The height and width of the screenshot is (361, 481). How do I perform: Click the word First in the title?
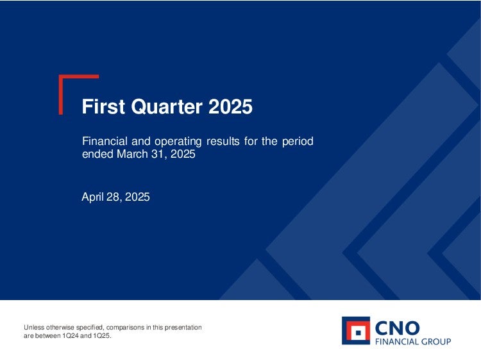tap(103, 106)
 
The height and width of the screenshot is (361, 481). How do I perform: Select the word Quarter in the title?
tap(167, 107)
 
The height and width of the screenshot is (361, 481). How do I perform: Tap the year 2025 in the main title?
tap(230, 106)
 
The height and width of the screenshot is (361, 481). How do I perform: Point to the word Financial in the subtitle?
tap(105, 141)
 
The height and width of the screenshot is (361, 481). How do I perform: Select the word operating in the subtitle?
tap(178, 142)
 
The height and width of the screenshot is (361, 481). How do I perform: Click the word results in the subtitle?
tap(223, 141)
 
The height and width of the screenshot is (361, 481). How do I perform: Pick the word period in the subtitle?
tap(298, 142)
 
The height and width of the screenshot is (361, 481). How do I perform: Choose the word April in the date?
tap(92, 197)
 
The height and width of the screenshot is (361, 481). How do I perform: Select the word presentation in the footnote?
tap(183, 328)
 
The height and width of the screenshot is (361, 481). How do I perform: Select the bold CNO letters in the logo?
tap(397, 328)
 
